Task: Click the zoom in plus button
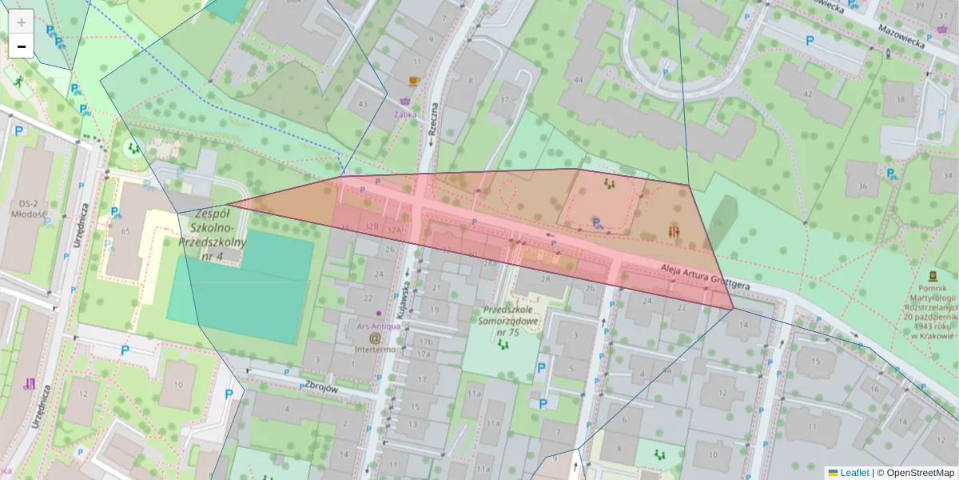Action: [x=22, y=22]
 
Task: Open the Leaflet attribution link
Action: [x=854, y=473]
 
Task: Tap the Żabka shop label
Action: [x=405, y=114]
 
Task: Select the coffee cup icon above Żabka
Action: [x=413, y=81]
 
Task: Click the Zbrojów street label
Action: [x=322, y=385]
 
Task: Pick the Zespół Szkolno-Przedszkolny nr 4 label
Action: [x=212, y=234]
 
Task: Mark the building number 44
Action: [x=578, y=80]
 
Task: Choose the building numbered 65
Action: [x=125, y=231]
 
